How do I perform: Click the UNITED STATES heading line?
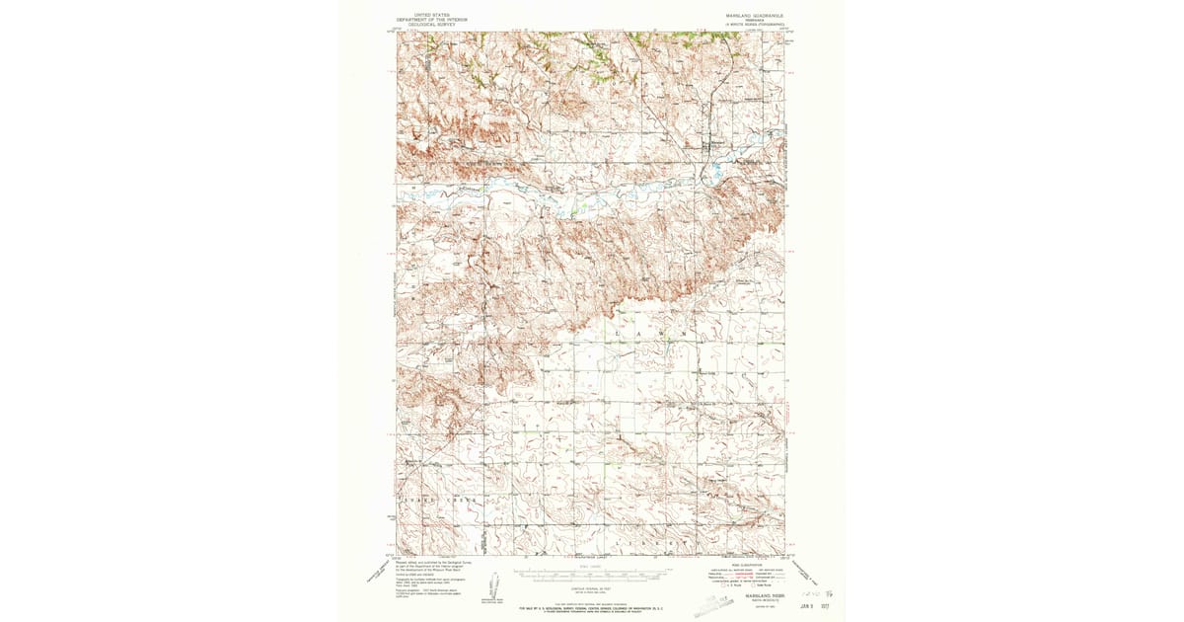coord(430,15)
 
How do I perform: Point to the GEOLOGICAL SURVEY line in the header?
coord(430,23)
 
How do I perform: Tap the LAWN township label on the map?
coord(650,335)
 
